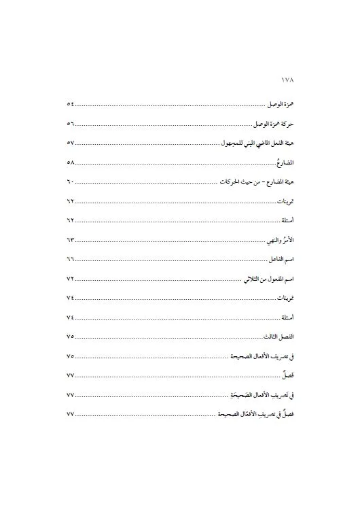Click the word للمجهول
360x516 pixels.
[x=235, y=145]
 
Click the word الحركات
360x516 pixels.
[x=229, y=184]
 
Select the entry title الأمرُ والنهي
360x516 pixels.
[x=278, y=241]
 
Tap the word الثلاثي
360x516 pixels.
[x=255, y=280]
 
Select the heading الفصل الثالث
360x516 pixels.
[x=278, y=337]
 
